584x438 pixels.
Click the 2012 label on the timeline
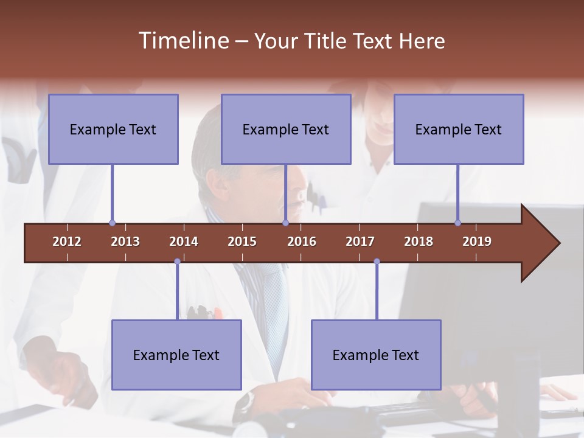pyautogui.click(x=67, y=242)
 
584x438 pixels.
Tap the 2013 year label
pyautogui.click(x=125, y=242)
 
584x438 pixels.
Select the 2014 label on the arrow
pyautogui.click(x=184, y=242)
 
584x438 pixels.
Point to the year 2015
pyautogui.click(x=242, y=242)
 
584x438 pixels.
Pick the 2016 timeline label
pyautogui.click(x=302, y=242)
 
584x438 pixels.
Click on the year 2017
pyautogui.click(x=360, y=242)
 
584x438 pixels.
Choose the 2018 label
pyautogui.click(x=419, y=242)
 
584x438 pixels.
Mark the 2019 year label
pyautogui.click(x=477, y=242)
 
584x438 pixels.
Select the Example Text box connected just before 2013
pyautogui.click(x=113, y=129)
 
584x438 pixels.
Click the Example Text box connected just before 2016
pyautogui.click(x=286, y=129)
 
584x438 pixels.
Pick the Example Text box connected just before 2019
pyautogui.click(x=459, y=129)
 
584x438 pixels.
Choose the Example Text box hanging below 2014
pyautogui.click(x=176, y=355)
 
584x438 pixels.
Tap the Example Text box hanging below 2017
pyautogui.click(x=376, y=355)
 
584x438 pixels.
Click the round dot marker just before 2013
pyautogui.click(x=112, y=223)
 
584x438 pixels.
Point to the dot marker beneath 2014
pyautogui.click(x=177, y=262)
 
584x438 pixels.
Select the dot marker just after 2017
pyautogui.click(x=377, y=262)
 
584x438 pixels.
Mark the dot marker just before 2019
pyautogui.click(x=457, y=223)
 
